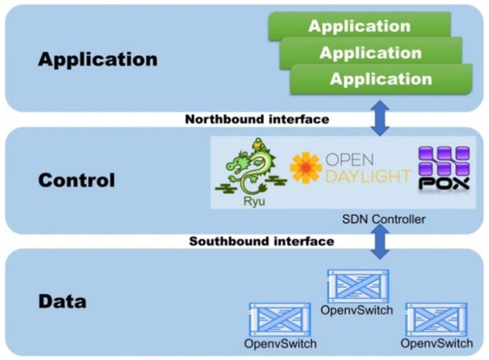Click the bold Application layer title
[97, 60]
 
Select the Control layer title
[77, 180]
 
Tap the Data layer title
[61, 300]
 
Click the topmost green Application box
[360, 26]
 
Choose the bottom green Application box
[381, 79]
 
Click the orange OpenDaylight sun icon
[305, 169]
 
